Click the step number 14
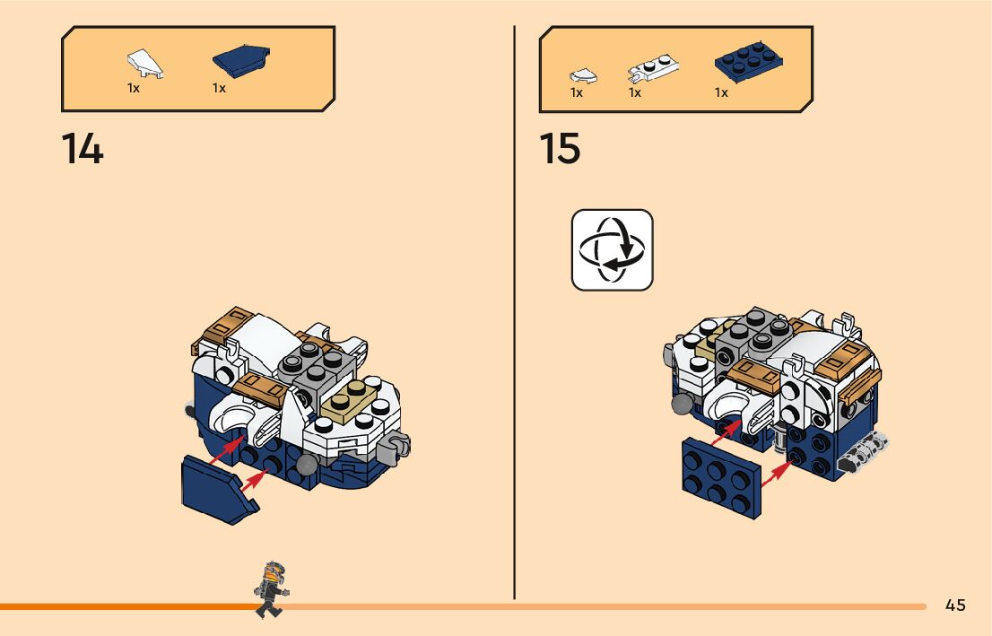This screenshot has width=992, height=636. (83, 149)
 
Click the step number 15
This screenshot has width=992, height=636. (560, 149)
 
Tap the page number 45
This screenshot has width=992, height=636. (955, 606)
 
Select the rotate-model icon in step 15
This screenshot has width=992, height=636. (612, 249)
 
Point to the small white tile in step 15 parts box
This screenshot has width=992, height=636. (582, 75)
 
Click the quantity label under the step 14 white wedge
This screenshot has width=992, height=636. (134, 89)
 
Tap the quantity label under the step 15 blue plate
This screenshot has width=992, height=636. (721, 93)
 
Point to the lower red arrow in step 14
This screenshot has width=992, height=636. (255, 478)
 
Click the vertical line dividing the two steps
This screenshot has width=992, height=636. (514, 314)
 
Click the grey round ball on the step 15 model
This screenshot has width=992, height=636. (684, 405)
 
